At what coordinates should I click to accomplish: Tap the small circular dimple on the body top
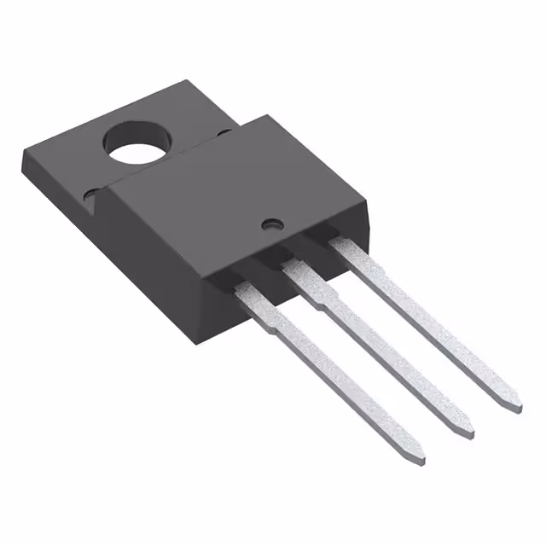point(272,224)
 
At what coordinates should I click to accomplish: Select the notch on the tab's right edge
point(224,132)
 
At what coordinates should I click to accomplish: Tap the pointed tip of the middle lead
point(468,432)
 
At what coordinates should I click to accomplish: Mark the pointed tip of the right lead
point(514,406)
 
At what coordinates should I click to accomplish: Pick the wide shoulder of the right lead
point(346,253)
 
